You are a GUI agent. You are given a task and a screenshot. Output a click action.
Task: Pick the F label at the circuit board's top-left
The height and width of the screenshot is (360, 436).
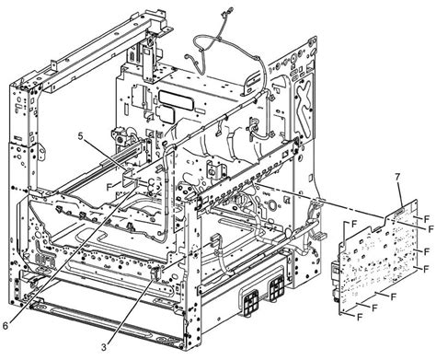click(350, 224)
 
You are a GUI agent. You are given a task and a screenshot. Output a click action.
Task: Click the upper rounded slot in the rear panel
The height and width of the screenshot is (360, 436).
click(173, 95)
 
